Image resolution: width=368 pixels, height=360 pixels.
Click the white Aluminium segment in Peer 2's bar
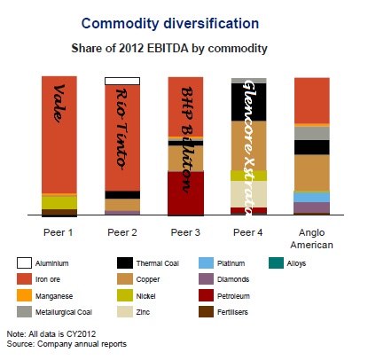pos(122,81)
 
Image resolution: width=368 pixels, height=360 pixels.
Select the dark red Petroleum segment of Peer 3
pos(185,193)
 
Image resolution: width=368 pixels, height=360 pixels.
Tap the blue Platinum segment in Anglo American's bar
pos(312,197)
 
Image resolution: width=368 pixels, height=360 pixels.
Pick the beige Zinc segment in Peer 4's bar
pos(248,194)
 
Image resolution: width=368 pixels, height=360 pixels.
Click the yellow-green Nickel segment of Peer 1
pos(59,203)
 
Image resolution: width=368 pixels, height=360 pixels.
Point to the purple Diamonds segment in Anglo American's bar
pos(312,207)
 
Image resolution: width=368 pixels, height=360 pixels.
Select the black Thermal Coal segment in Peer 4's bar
pos(248,102)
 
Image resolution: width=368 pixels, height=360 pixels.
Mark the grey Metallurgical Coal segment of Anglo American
pos(312,133)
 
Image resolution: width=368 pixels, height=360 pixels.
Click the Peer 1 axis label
pos(59,232)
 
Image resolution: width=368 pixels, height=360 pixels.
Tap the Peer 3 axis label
pos(185,232)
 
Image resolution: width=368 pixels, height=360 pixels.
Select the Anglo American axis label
pos(312,239)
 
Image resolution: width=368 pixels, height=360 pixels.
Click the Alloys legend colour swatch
pos(277,263)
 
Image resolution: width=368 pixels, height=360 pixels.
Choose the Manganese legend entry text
pos(54,296)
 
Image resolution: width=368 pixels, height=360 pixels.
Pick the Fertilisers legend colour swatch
pos(206,312)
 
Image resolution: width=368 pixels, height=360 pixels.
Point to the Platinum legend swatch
pos(206,263)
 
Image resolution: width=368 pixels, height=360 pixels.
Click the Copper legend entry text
pos(148,279)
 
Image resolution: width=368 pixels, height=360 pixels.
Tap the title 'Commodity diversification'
pos(170,23)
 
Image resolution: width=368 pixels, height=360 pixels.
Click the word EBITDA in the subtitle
pos(168,48)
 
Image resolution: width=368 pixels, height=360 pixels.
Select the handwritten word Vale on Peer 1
pos(59,103)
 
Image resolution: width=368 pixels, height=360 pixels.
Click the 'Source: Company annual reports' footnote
pos(67,344)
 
